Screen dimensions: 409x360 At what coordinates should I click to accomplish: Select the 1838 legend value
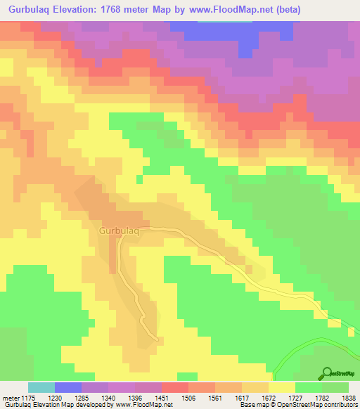pos(349,398)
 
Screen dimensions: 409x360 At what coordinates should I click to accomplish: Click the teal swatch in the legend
pos(41,387)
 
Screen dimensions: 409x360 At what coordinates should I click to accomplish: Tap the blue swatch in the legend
pos(68,387)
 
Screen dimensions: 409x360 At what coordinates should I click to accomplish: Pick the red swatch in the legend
pos(175,387)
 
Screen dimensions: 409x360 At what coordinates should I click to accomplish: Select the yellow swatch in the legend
pos(282,387)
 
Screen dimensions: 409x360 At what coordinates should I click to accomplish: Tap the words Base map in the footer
pos(251,405)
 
